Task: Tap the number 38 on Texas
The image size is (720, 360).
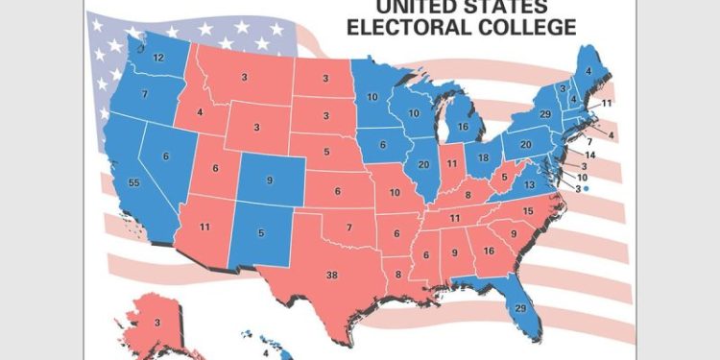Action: (332, 275)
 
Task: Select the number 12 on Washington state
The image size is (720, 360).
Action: (157, 59)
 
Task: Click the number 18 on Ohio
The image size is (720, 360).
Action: (484, 157)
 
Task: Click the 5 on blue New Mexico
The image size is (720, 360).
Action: (261, 231)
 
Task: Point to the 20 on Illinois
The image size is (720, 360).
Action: (423, 164)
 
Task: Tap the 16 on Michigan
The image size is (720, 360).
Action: (463, 126)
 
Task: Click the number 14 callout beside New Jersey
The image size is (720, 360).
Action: (591, 155)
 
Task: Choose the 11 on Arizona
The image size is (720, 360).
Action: (204, 227)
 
